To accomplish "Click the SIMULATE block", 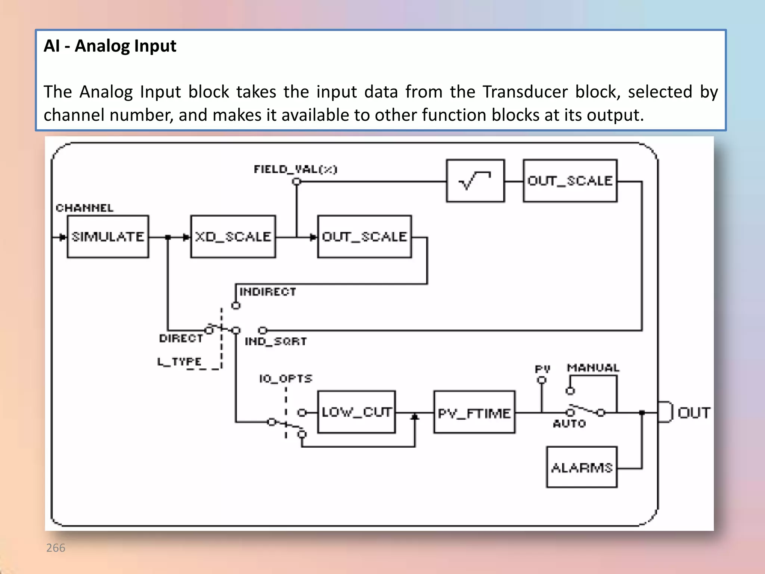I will (108, 237).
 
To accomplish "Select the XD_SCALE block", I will (233, 237).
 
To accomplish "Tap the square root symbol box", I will (475, 181).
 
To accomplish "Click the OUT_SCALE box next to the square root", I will (570, 181).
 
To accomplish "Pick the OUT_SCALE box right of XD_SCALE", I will (364, 237).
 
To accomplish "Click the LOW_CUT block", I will (356, 412).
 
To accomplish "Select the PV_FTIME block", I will (474, 413).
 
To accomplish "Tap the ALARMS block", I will (582, 467).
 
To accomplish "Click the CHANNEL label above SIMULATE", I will (84, 208).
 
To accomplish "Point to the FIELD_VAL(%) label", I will (295, 169).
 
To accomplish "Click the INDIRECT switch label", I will (267, 291).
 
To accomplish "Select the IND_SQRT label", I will (276, 341).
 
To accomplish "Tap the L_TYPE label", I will (179, 361).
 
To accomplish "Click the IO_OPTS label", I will (286, 379).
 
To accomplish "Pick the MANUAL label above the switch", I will (593, 368).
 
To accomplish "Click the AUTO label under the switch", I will (569, 423).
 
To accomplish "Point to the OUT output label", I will (694, 413).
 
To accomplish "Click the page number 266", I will (56, 547).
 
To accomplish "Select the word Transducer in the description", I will (525, 92).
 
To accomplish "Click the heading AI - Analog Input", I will (110, 46).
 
